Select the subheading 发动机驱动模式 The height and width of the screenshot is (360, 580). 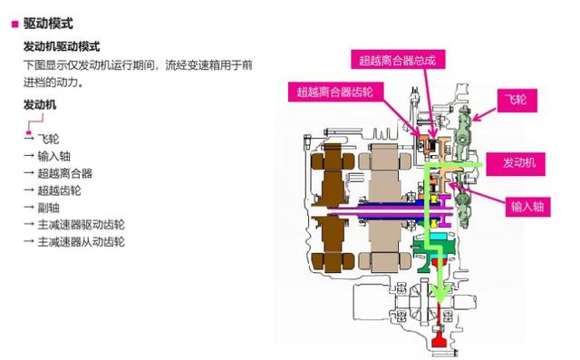[x=61, y=46]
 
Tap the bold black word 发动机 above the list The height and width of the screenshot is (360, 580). [x=40, y=105]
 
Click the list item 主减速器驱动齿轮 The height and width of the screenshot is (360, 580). [x=82, y=225]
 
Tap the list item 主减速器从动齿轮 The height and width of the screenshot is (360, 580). [x=82, y=242]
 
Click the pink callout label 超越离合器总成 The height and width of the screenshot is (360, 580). [x=398, y=61]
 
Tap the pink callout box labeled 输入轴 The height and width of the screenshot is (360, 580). [x=526, y=207]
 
